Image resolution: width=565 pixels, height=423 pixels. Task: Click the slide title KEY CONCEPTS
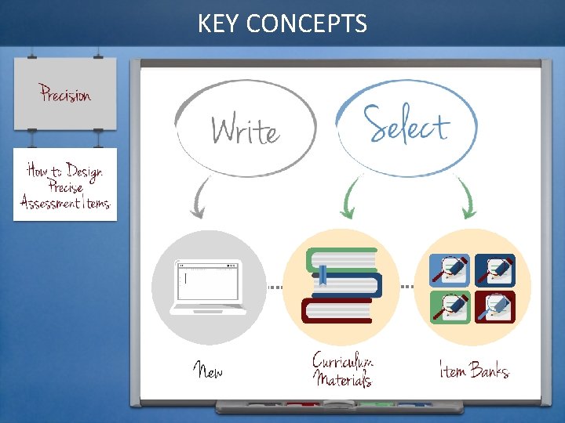[x=282, y=23]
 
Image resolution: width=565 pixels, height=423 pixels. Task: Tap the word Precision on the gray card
[x=66, y=95]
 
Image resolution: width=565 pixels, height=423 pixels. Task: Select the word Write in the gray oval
[x=245, y=130]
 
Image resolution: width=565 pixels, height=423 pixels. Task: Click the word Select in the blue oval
[x=406, y=125]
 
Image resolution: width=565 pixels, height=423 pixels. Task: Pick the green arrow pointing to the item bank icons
[x=467, y=199]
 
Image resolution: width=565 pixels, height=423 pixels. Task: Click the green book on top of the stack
[x=341, y=259]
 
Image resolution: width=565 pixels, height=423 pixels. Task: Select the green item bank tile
[x=450, y=306]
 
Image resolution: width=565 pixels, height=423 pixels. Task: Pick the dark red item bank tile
[x=495, y=306]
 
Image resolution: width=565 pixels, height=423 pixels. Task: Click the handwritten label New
[x=208, y=370]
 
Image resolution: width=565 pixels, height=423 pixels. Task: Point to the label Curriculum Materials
[x=342, y=370]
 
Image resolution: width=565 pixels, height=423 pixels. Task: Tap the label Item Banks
[x=473, y=369]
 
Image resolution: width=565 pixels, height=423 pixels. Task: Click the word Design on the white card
[x=84, y=171]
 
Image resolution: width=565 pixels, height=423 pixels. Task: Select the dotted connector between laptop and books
[x=274, y=287]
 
